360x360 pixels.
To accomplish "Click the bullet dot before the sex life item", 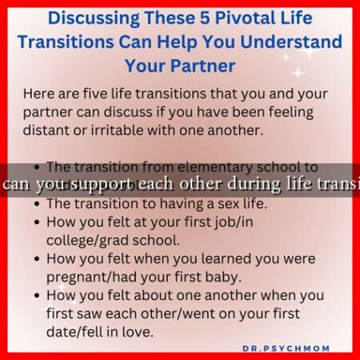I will click(38, 204).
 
